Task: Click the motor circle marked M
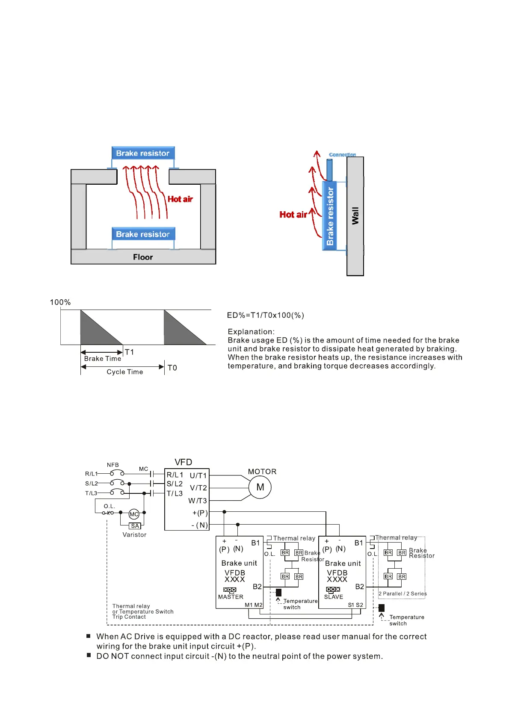pyautogui.click(x=260, y=487)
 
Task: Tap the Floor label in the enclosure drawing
pyautogui.click(x=143, y=257)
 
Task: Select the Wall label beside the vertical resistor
pyautogui.click(x=355, y=216)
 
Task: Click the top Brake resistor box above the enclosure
pyautogui.click(x=143, y=153)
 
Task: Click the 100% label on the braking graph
pyautogui.click(x=60, y=302)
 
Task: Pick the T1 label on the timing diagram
pyautogui.click(x=130, y=352)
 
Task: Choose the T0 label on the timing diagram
pyautogui.click(x=172, y=368)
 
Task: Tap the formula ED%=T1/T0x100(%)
pyautogui.click(x=266, y=315)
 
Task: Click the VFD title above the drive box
pyautogui.click(x=183, y=462)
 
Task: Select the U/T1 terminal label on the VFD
pyautogui.click(x=198, y=475)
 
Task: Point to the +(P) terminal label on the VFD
pyautogui.click(x=200, y=513)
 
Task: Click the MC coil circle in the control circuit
pyautogui.click(x=134, y=514)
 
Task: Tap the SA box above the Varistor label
pyautogui.click(x=135, y=526)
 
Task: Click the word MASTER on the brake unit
pyautogui.click(x=231, y=597)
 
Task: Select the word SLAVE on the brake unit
pyautogui.click(x=334, y=597)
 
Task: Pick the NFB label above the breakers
pyautogui.click(x=113, y=465)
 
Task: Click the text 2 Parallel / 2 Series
pyautogui.click(x=402, y=593)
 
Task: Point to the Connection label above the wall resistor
pyautogui.click(x=342, y=155)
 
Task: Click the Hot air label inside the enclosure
pyautogui.click(x=180, y=199)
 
